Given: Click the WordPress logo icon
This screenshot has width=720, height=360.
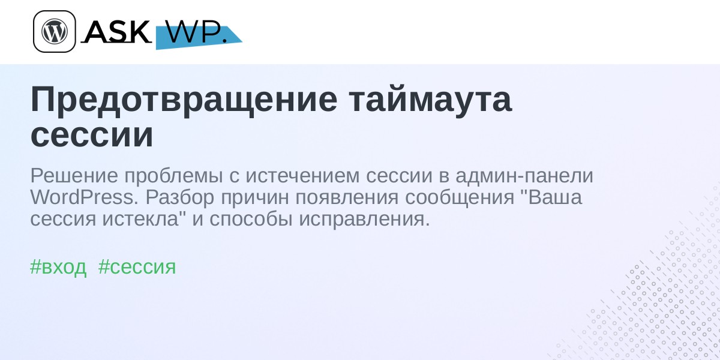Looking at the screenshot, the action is (x=55, y=31).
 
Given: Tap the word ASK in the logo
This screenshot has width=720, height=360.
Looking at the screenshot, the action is (x=116, y=32).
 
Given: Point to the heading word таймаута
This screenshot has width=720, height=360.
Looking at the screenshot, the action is (x=430, y=100).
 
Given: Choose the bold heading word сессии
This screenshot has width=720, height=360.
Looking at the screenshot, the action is (x=92, y=134).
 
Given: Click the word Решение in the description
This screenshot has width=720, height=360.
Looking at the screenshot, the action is (x=74, y=176).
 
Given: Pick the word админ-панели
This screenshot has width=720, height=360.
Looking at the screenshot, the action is (x=524, y=176).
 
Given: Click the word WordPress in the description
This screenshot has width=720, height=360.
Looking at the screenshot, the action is (x=82, y=197).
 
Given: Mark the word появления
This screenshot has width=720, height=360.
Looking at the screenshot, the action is (x=347, y=197).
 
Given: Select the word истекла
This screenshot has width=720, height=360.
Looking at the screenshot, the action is (x=140, y=220).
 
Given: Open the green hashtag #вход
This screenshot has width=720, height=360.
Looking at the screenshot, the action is (x=58, y=268).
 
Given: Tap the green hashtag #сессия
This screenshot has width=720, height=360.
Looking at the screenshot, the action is (x=137, y=267).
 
